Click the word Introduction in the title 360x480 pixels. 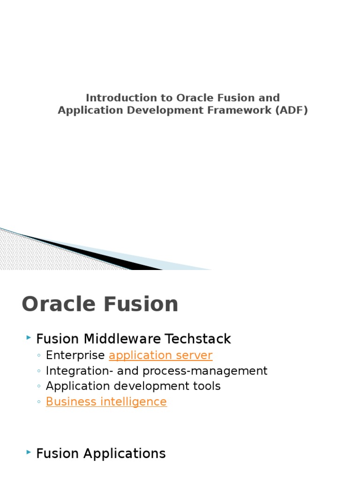(x=121, y=97)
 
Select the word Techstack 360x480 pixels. (x=198, y=339)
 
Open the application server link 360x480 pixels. (x=160, y=355)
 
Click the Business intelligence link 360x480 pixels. (x=106, y=402)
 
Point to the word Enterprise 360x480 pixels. (x=75, y=355)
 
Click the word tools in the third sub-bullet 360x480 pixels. (x=207, y=386)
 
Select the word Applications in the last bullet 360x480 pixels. (x=124, y=454)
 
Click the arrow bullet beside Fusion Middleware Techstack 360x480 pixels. (x=29, y=337)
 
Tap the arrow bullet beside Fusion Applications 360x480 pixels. (x=29, y=452)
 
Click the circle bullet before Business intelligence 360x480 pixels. (x=38, y=402)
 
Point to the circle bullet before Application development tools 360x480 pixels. (x=38, y=386)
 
